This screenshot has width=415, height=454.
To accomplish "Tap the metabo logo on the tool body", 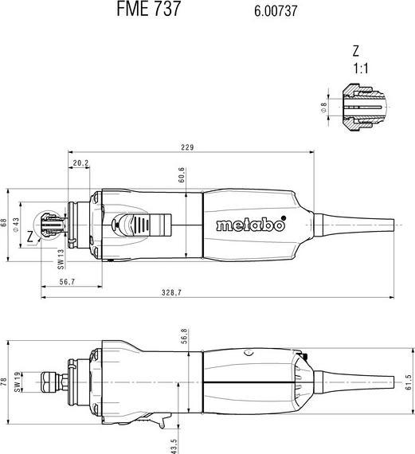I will [x=250, y=225].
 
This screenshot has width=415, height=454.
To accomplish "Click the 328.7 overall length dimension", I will [x=171, y=293].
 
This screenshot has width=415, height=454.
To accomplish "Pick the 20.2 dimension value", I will [x=80, y=163].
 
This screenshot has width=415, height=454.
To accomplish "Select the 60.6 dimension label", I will [x=182, y=175].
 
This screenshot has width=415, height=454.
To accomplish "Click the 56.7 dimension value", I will [x=67, y=281].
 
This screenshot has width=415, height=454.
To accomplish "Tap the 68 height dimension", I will [x=3, y=224].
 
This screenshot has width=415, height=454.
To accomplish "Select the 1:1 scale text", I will [x=361, y=68].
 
